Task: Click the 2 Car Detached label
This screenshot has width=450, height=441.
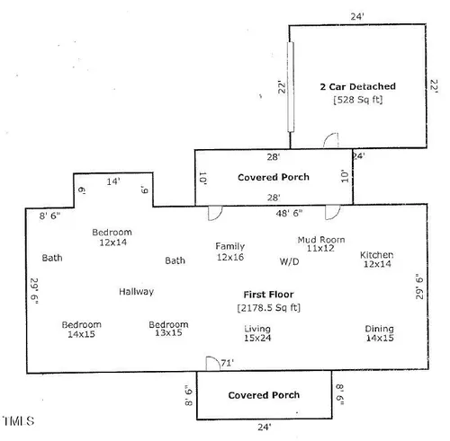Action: pos(357,87)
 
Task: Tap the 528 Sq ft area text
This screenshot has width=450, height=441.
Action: pos(358,100)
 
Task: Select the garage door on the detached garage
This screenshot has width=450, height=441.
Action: pos(291,87)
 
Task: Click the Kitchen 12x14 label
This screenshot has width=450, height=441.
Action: pos(377,260)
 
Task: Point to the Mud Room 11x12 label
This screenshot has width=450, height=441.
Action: pos(321,243)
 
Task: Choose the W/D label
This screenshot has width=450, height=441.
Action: pos(289,261)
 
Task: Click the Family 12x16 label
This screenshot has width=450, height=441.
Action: pos(230,251)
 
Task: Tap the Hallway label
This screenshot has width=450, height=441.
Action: pos(137,292)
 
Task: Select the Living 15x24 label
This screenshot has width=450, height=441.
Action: pos(257,333)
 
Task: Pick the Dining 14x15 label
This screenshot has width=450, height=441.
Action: pos(380,333)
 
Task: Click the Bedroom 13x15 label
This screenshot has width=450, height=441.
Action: pos(168,329)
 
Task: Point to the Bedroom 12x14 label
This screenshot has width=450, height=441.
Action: pos(112,237)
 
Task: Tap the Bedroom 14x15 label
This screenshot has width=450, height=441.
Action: pos(81,330)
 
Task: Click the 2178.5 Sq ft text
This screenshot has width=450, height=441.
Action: pos(269,308)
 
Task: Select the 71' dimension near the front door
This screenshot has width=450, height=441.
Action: pos(227,363)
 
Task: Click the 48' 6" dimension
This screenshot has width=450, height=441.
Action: pos(289,213)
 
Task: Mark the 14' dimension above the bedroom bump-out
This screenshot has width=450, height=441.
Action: pos(113,181)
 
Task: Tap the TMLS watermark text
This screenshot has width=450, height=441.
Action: pos(19,421)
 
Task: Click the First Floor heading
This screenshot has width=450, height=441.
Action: pos(268,295)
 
